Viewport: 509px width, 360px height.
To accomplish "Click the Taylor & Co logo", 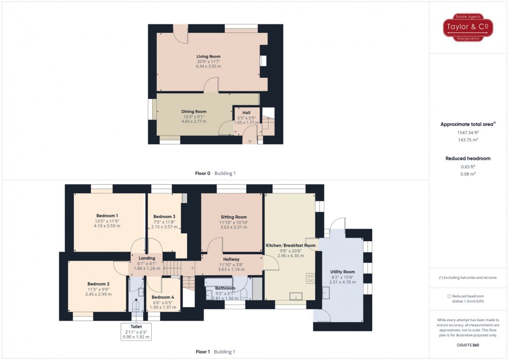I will tap(468, 28).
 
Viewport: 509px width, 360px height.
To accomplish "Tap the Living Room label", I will tap(208, 56).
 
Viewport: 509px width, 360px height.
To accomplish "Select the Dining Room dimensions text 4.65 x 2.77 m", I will tap(194, 121).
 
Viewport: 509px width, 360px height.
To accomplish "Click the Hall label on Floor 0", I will tap(247, 112).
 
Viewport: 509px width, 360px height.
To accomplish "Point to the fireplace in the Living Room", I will tap(262, 60).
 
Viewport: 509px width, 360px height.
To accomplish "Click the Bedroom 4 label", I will tap(163, 297).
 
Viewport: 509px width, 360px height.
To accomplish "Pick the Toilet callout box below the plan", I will tap(136, 332).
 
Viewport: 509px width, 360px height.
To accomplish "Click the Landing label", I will tap(147, 258).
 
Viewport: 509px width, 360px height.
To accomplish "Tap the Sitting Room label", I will tap(234, 217).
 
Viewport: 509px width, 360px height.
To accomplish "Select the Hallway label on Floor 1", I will tap(231, 259).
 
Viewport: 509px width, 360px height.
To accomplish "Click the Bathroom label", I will tap(225, 288).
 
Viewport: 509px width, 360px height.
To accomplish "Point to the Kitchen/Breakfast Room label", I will tap(290, 246).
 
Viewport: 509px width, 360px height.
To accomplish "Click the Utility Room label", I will tap(342, 272).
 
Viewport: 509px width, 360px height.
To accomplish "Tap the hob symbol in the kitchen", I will tap(310, 277).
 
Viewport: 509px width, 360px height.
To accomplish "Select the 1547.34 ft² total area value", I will tap(468, 133).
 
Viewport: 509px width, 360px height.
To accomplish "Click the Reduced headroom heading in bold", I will tap(468, 158).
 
